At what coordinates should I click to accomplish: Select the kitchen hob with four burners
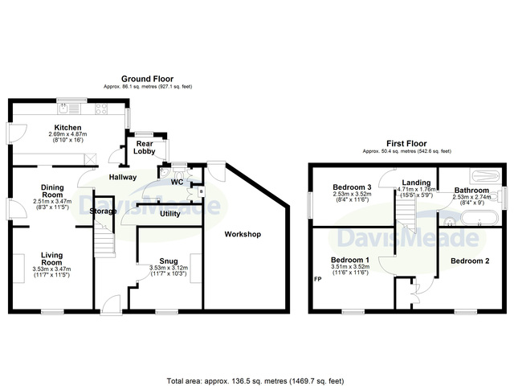coord(102,109)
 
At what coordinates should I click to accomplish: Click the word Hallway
coord(122,177)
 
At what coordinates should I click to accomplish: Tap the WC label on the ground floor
coord(177,183)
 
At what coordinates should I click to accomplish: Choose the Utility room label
coord(169,214)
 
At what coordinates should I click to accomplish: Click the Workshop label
coord(243,234)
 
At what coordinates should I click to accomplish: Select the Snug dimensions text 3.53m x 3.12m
coord(169,269)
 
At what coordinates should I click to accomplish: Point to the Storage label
coord(104,211)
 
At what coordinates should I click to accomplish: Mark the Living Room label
coord(52,257)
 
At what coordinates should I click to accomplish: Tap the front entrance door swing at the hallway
coord(112,304)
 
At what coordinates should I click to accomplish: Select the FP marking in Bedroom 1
coord(317,280)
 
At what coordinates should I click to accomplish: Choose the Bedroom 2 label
coord(470,261)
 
